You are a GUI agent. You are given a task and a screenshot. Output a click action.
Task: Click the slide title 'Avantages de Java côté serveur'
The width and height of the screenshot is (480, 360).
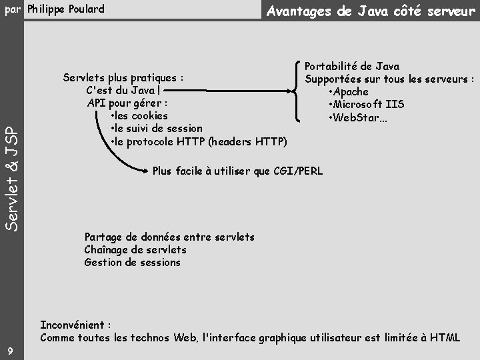point(371,11)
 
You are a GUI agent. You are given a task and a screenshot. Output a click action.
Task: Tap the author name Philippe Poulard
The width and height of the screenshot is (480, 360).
point(66,9)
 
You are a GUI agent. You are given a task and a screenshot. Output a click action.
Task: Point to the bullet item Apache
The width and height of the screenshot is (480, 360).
point(350,91)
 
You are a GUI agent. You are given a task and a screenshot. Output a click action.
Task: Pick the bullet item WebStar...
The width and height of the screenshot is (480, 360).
point(359,117)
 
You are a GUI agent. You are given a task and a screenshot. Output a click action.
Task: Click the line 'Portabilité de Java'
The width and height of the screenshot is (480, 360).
point(352,66)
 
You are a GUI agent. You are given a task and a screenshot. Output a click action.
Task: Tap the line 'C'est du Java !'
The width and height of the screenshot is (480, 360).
point(123,90)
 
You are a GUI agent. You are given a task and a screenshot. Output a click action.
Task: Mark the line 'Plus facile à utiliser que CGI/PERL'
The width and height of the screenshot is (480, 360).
point(237,171)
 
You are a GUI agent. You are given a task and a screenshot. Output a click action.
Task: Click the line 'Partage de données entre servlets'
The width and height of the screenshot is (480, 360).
point(169,237)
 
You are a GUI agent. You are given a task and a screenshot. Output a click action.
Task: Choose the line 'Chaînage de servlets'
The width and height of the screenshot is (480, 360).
point(135,249)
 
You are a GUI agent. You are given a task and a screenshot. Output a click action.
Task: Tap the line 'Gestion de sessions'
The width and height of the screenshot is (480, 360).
point(132,262)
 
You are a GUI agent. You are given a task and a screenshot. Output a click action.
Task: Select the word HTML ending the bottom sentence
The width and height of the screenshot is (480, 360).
point(445,337)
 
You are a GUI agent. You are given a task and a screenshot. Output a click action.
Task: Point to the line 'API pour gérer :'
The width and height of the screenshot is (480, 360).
point(127,103)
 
